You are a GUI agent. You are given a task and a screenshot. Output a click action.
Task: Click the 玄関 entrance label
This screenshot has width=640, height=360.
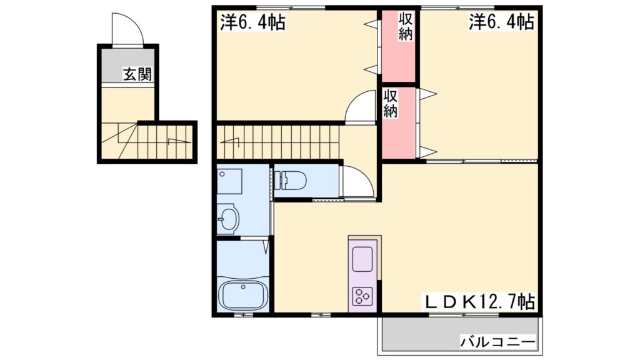137,74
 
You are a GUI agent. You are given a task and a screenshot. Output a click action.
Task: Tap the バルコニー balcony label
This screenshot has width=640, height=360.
498,342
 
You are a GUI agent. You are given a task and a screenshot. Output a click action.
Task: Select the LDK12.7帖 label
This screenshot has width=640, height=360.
481,302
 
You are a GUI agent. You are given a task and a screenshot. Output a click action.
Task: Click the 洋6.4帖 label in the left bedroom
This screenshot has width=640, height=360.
252,23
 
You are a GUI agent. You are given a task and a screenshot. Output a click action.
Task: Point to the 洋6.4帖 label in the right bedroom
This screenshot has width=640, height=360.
502,23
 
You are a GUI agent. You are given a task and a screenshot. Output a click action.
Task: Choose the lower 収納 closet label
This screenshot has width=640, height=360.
391,104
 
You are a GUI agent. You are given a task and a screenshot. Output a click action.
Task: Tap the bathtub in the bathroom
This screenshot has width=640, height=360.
242,294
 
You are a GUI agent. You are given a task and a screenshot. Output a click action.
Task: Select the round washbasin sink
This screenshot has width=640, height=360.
228,219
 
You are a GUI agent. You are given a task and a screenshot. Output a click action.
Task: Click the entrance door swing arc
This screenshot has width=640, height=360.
127,28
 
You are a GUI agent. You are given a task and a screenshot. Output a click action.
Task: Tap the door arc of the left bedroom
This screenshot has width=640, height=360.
359,107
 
